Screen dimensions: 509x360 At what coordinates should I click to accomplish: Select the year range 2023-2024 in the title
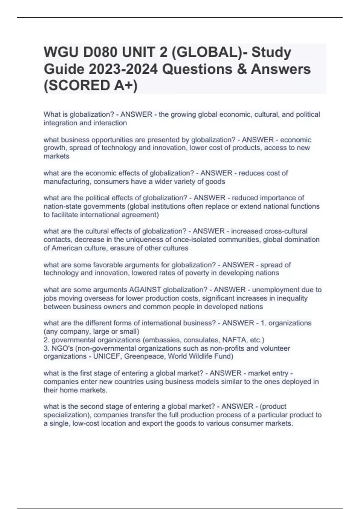pos(123,69)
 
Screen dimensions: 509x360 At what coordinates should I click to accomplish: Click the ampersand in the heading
pos(242,69)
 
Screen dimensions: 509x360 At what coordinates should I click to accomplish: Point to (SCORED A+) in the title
pos(91,86)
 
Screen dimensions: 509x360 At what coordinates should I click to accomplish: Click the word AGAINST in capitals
pos(145,290)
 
